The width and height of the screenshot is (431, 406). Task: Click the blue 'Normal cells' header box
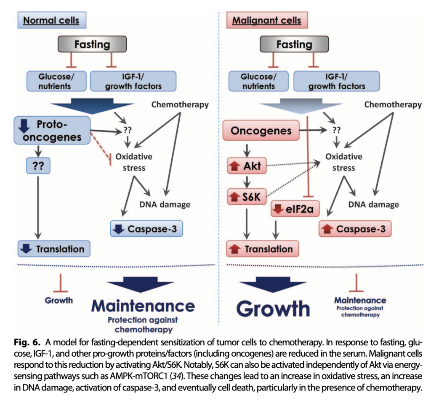[x=51, y=20]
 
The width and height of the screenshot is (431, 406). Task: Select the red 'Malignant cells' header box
[x=263, y=20]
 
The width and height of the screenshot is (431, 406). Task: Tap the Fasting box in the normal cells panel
[x=92, y=44]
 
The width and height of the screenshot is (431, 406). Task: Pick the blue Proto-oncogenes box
[x=53, y=131]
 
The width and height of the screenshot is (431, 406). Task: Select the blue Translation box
[x=53, y=249]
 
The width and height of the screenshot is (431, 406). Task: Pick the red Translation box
[x=262, y=249]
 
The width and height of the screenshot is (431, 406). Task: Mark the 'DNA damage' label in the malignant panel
[x=373, y=204]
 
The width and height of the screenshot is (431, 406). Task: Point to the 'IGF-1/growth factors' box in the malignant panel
[x=337, y=81]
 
